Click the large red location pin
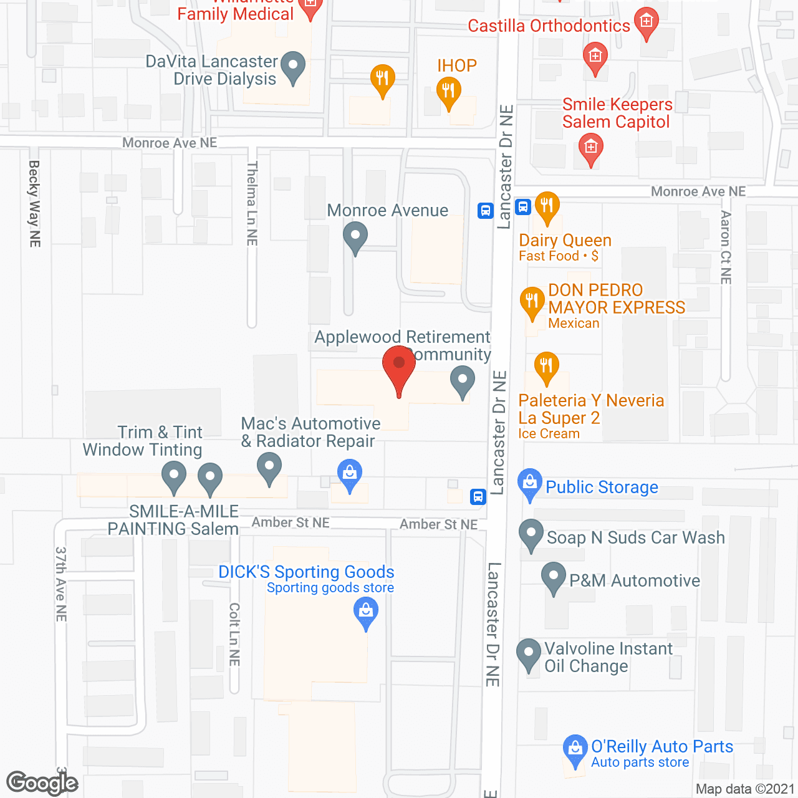[399, 368]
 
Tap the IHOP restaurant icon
[448, 92]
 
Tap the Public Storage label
[602, 488]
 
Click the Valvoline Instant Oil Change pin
[529, 655]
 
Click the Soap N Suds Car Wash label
[635, 537]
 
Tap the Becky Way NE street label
[35, 204]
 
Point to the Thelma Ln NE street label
[252, 203]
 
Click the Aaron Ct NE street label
[726, 248]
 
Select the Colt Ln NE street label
[234, 634]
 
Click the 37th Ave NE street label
[61, 584]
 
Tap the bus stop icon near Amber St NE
[478, 497]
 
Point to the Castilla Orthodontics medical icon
[647, 23]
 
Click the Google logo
[42, 783]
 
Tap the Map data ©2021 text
[745, 789]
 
